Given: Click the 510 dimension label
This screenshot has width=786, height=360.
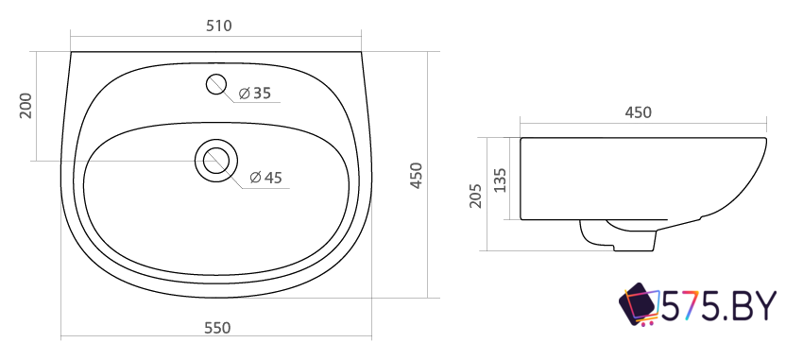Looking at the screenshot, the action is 219,26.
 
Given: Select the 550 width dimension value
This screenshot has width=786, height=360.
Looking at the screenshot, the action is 217,328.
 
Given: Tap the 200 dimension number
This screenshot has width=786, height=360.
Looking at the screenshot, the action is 26,106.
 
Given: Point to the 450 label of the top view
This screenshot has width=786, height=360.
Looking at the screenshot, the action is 417,176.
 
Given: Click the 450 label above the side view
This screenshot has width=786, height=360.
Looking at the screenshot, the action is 638,112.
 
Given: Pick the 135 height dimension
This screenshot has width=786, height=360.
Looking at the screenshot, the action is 501,180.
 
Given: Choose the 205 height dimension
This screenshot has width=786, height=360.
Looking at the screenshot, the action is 475,196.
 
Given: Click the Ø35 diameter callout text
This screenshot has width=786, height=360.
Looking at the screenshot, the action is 255,94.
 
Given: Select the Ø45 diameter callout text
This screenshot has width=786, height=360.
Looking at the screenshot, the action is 266,178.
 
